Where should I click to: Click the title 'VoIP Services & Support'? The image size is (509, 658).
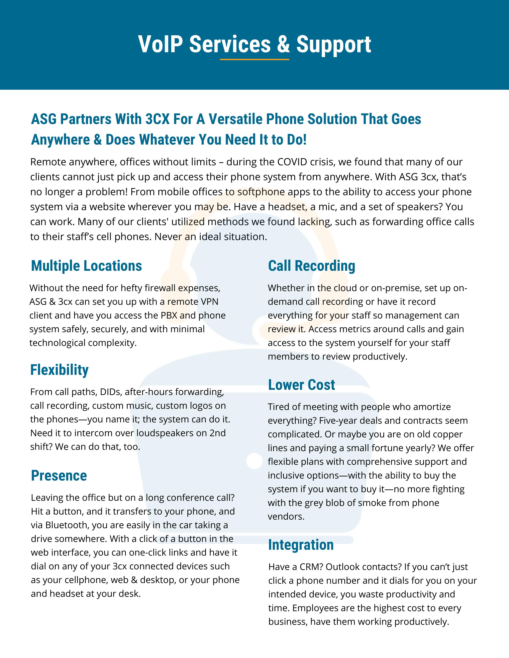[254, 44]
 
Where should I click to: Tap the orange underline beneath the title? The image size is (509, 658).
[254, 60]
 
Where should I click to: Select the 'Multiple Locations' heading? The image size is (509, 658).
[87, 266]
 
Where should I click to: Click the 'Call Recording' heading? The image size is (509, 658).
[312, 266]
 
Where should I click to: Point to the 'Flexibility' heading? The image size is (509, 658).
[59, 370]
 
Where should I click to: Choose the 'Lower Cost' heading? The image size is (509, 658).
[302, 385]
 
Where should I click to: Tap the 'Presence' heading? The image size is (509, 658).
[59, 475]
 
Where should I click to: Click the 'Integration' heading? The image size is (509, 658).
[301, 545]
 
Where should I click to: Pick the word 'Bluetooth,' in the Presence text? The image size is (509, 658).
[67, 525]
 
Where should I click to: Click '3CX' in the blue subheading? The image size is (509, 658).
[157, 119]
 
